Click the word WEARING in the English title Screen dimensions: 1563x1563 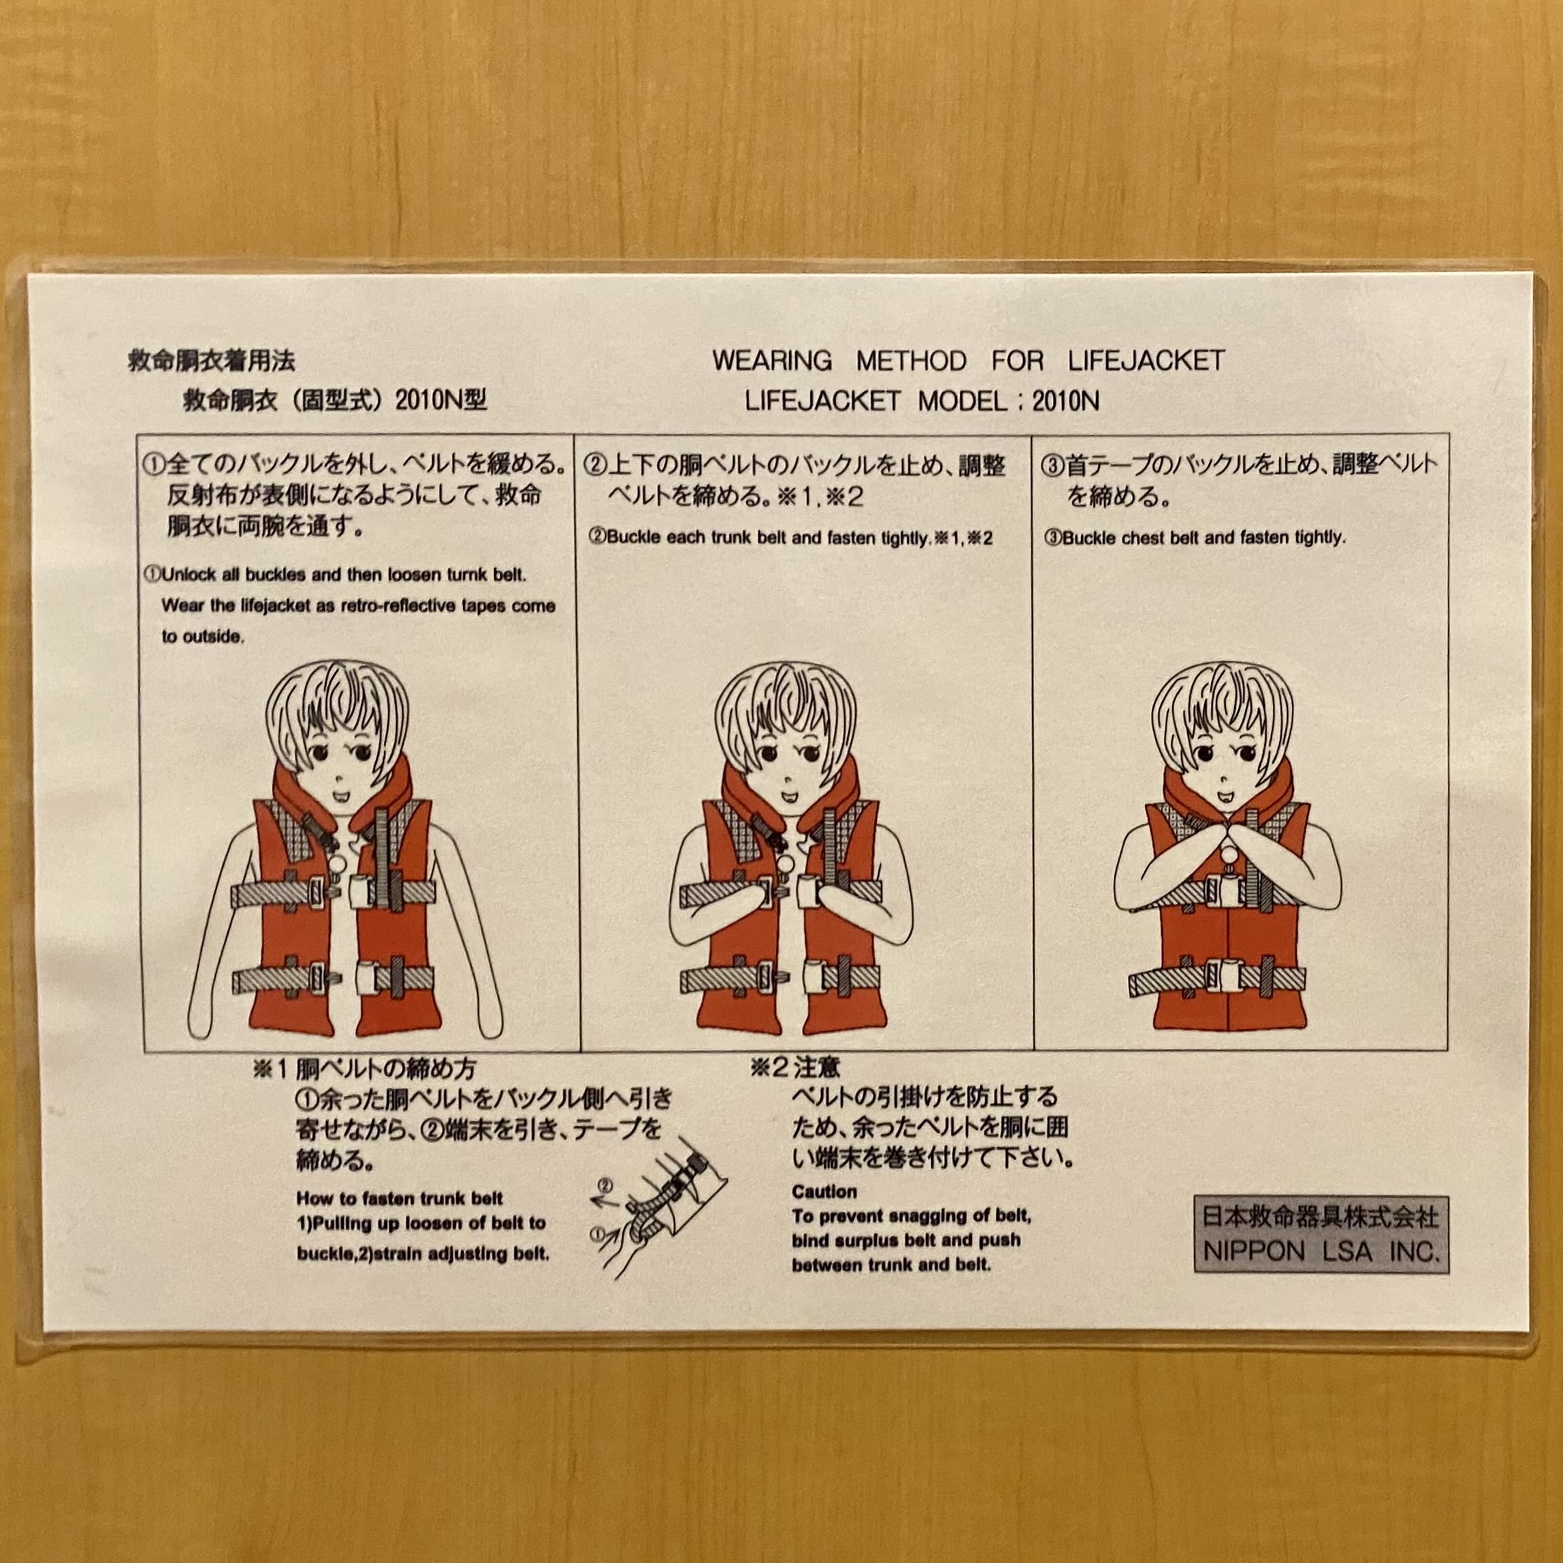[772, 360]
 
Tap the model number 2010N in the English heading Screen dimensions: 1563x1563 [1065, 401]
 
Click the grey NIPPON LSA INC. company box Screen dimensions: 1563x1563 [1320, 1235]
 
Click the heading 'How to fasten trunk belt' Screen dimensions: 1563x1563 [400, 1198]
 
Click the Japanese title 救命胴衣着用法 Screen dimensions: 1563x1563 [211, 361]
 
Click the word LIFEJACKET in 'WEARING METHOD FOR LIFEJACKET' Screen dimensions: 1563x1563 [1146, 360]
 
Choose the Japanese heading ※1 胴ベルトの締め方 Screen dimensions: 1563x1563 [374, 1069]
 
